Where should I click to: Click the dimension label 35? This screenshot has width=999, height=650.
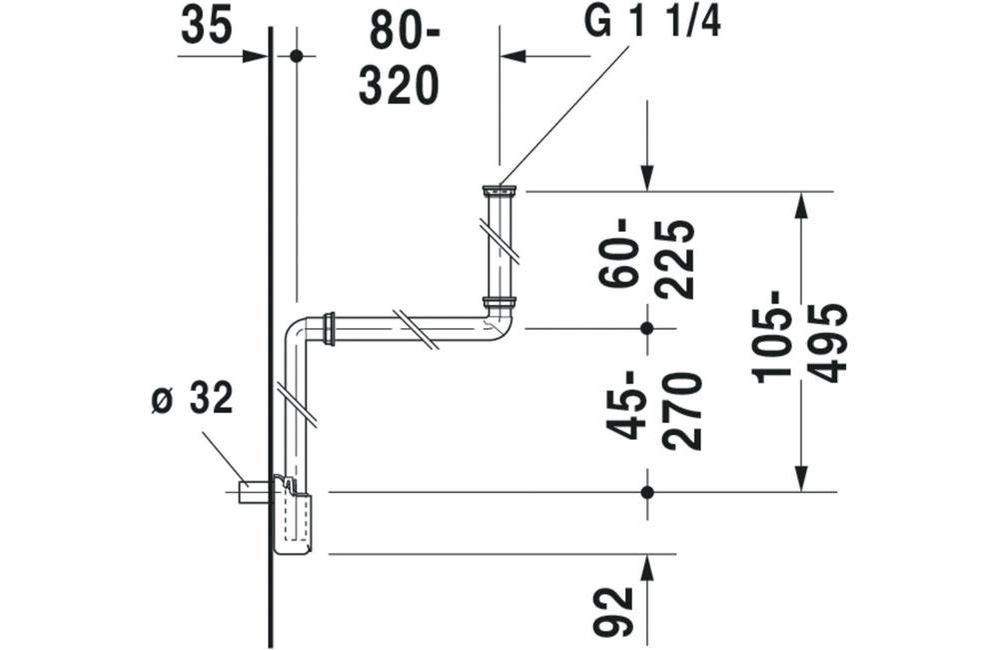point(207,27)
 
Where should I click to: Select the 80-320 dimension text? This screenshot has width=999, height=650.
point(399,59)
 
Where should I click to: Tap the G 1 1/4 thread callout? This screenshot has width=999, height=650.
point(653,23)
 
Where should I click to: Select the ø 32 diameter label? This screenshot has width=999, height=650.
point(191,399)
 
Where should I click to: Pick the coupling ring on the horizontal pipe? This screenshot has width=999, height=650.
point(329,328)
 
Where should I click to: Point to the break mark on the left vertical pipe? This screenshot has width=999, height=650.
point(297,404)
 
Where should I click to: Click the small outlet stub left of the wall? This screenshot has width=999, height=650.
point(254,490)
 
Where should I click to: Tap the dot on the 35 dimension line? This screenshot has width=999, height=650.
point(296,56)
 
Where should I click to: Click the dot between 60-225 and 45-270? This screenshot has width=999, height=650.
point(647,327)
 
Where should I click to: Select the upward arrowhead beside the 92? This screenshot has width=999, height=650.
point(647,569)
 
